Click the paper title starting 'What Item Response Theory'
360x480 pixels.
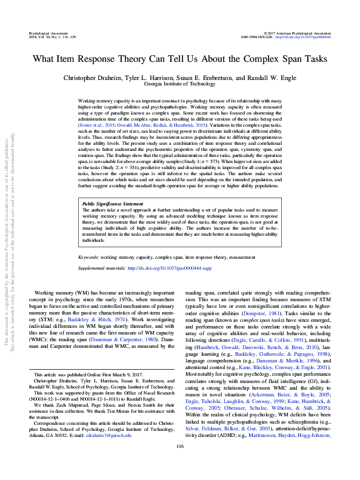point(180,61)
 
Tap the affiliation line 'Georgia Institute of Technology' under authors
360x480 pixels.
point(180,85)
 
